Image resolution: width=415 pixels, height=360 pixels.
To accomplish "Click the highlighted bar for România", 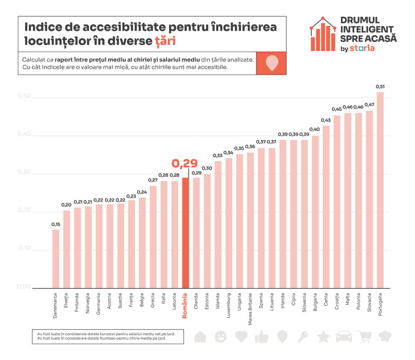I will point(185,232).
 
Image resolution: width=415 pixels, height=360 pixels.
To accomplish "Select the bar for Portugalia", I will point(380,190).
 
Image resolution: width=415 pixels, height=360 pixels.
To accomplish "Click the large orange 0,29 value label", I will point(184,163).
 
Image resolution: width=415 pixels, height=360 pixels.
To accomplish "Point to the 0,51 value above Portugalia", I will point(380,86).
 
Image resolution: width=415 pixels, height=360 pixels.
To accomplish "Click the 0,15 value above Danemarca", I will point(56,224).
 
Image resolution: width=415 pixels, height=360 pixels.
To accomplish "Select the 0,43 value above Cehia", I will point(326,120).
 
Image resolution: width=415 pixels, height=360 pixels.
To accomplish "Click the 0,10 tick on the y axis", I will point(24,249).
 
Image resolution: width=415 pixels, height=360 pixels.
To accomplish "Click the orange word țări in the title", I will point(165,41).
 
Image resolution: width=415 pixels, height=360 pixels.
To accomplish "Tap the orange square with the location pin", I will point(271,63).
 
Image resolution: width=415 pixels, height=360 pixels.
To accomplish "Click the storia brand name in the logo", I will point(362,48).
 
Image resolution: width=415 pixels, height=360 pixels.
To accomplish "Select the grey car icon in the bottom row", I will point(344,337).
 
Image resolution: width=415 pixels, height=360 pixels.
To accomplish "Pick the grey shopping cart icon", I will point(364,337).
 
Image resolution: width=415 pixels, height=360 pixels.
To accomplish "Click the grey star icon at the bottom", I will point(323,337).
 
